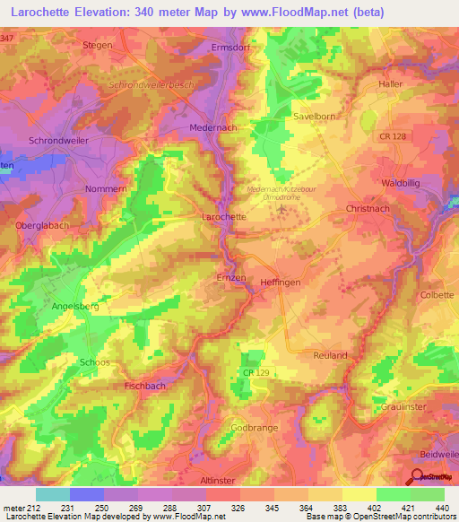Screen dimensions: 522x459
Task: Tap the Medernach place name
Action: (x=213, y=128)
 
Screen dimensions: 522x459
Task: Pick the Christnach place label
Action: (x=366, y=207)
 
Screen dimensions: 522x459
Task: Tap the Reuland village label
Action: (x=330, y=355)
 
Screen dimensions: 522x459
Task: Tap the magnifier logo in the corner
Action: (x=418, y=477)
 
